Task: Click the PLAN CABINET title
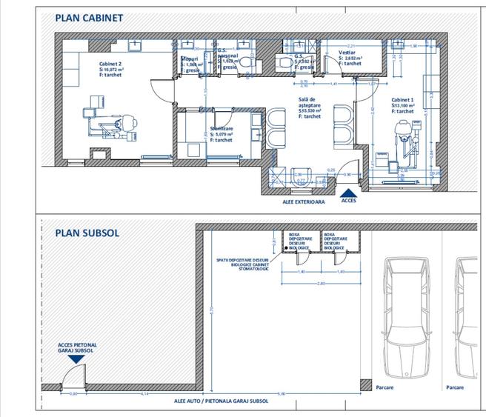click(x=90, y=16)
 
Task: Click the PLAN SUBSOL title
click(x=86, y=232)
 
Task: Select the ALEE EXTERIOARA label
click(x=304, y=201)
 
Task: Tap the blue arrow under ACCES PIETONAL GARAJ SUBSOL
click(x=76, y=358)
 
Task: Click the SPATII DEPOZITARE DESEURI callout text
click(x=243, y=263)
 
